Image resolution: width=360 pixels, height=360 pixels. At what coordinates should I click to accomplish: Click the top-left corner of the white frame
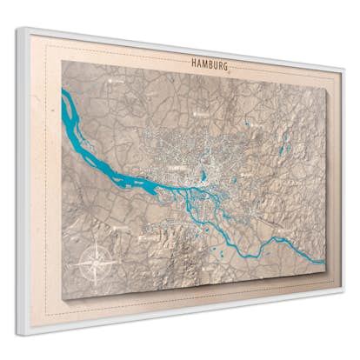coord(17,28)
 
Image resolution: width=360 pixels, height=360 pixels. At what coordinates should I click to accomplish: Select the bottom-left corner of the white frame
coord(17,334)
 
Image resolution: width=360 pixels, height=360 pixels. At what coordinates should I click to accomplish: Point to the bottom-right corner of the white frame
coord(342,293)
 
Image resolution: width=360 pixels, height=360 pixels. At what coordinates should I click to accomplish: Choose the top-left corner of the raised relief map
coord(63,60)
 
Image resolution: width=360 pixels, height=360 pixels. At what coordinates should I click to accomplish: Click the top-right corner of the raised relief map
coord(325,87)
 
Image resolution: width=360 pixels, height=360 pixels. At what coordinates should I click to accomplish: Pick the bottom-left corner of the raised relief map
coord(63,300)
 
